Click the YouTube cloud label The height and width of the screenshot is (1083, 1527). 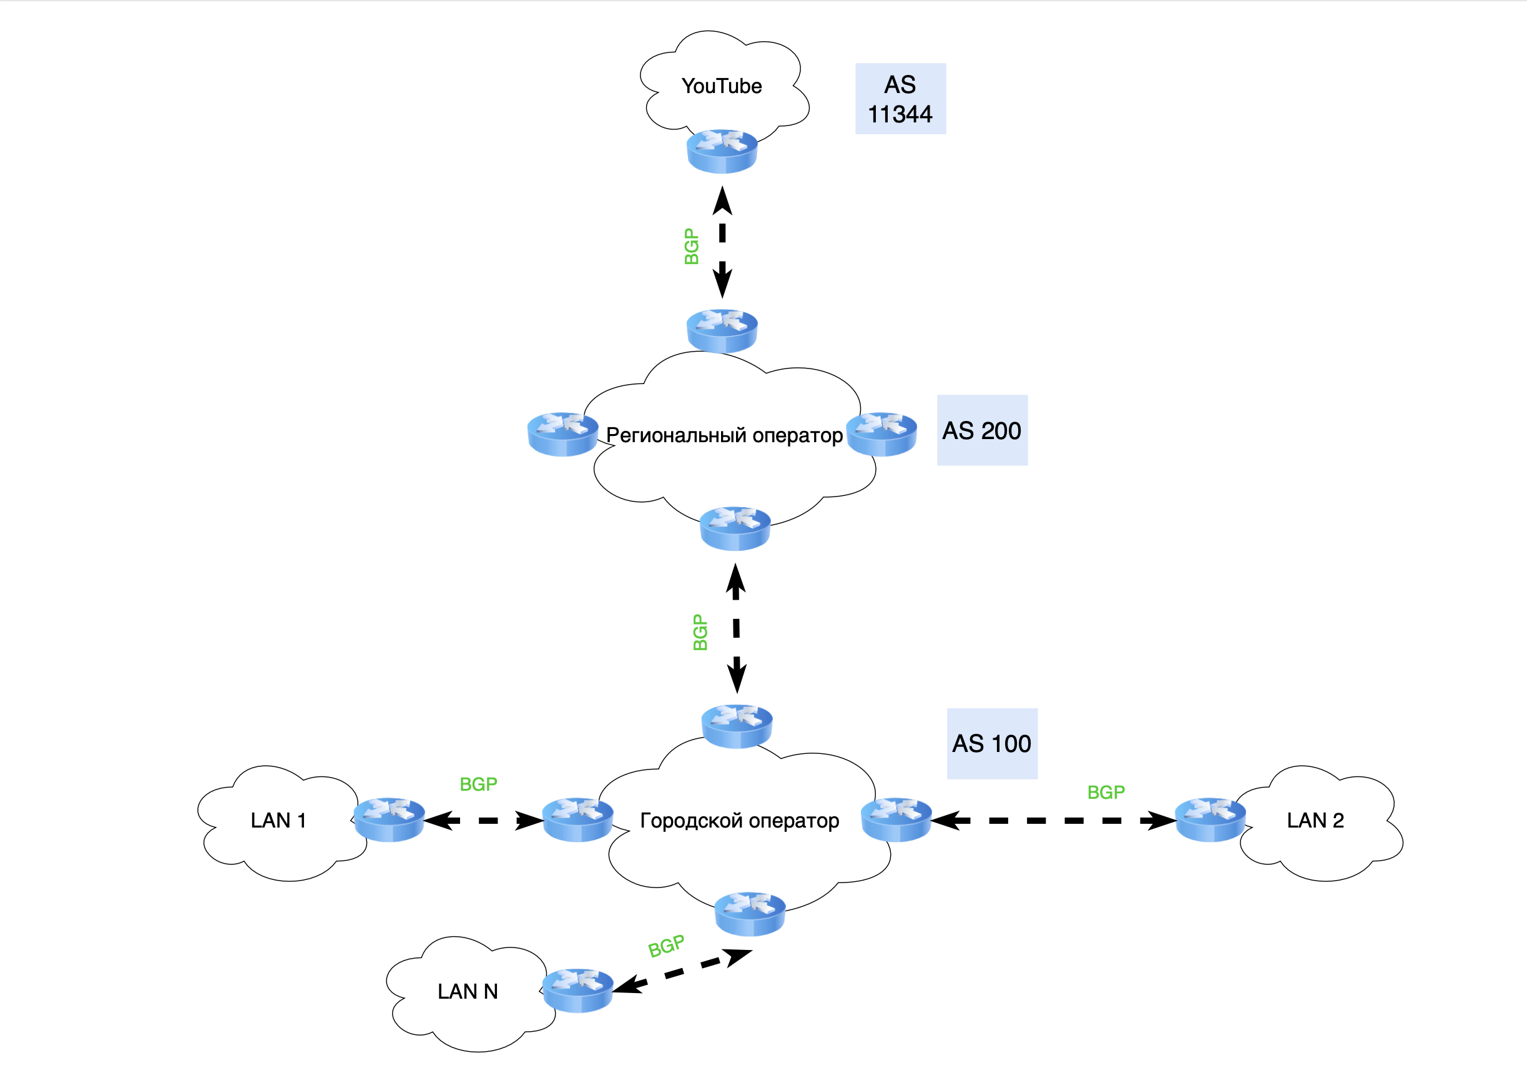click(x=721, y=86)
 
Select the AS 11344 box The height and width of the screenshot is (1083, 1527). click(x=900, y=99)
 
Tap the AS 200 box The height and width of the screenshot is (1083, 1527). click(x=982, y=430)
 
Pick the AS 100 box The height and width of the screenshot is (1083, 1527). click(x=992, y=744)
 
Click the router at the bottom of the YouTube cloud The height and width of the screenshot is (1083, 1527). click(x=722, y=151)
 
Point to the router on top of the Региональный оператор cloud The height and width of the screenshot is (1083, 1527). click(x=722, y=331)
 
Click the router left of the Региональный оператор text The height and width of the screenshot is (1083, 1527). click(x=562, y=434)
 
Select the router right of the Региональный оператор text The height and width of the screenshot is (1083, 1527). click(x=882, y=434)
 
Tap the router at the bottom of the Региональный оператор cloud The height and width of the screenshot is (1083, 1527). click(x=735, y=529)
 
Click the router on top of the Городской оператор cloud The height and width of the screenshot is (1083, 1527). click(x=737, y=726)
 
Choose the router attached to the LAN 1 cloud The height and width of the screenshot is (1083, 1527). click(x=390, y=819)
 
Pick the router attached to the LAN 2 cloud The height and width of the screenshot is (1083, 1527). click(x=1210, y=819)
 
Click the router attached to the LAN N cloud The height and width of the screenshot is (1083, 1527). click(x=578, y=991)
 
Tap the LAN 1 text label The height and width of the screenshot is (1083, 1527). click(x=278, y=820)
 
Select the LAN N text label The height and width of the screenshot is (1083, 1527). click(x=468, y=992)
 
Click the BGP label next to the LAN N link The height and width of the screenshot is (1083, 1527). click(x=666, y=946)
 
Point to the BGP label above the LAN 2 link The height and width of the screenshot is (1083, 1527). click(x=1106, y=792)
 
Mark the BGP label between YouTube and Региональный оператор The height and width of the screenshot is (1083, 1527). click(x=692, y=247)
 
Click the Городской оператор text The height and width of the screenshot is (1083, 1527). click(x=740, y=821)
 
